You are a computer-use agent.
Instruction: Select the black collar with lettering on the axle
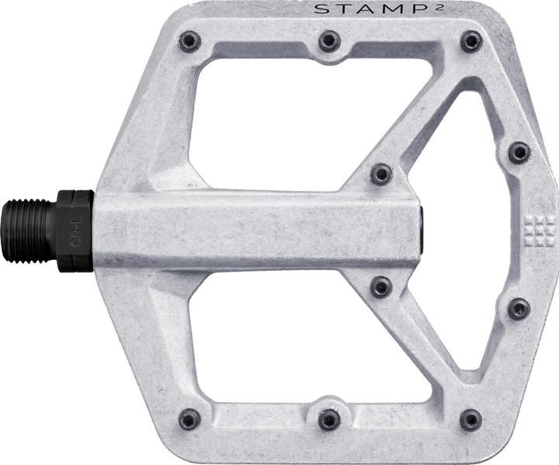click(x=76, y=231)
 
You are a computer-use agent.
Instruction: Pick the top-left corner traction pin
click(x=189, y=41)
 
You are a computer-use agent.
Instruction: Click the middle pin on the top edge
click(x=329, y=40)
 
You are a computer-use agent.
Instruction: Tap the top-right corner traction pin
click(x=470, y=41)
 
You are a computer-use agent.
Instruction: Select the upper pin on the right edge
click(x=519, y=152)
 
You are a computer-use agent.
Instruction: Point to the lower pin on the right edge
click(x=519, y=309)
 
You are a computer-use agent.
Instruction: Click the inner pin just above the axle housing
click(x=380, y=174)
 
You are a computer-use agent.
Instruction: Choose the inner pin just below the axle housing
click(x=380, y=286)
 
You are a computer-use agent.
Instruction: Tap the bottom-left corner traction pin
click(x=189, y=419)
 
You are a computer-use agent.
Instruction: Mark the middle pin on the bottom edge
click(x=329, y=420)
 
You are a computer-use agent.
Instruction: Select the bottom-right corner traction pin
click(x=470, y=420)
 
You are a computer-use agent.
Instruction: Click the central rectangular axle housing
click(x=256, y=230)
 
